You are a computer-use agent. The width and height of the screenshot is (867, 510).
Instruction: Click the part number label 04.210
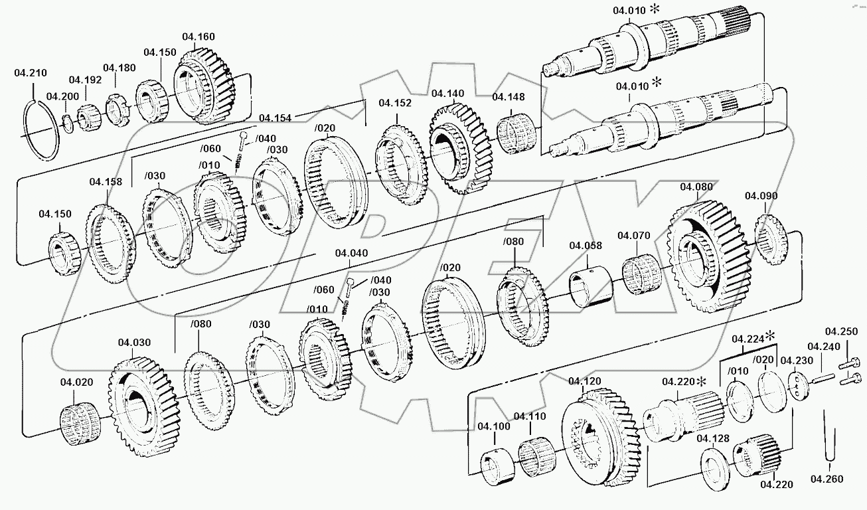pyautogui.click(x=31, y=73)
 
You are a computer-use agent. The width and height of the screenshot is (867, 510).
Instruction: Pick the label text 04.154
pyautogui.click(x=276, y=118)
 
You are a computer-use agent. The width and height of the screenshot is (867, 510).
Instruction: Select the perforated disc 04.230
pyautogui.click(x=797, y=386)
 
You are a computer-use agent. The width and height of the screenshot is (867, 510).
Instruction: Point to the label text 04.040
pyautogui.click(x=351, y=253)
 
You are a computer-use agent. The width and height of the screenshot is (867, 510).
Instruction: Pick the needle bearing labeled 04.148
pyautogui.click(x=516, y=133)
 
